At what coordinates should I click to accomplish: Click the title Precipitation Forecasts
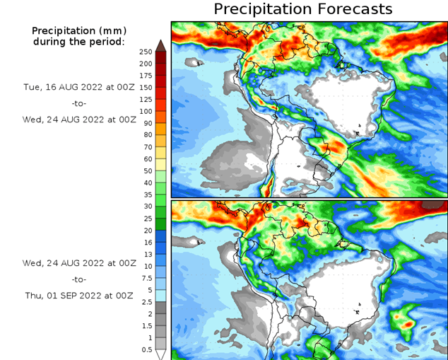pyautogui.click(x=302, y=9)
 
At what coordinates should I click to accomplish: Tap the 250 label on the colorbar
pyautogui.click(x=146, y=52)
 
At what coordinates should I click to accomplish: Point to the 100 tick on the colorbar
pyautogui.click(x=146, y=112)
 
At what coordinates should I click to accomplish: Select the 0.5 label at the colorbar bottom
pyautogui.click(x=146, y=349)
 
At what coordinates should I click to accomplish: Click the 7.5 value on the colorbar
pyautogui.click(x=146, y=278)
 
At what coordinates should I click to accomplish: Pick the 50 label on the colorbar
pyautogui.click(x=146, y=171)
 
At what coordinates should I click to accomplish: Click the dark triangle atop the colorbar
pyautogui.click(x=160, y=46)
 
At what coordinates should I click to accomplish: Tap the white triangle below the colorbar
pyautogui.click(x=160, y=354)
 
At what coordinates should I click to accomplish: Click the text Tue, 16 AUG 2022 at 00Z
pyautogui.click(x=79, y=86)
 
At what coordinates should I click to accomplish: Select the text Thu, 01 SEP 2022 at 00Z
pyautogui.click(x=79, y=296)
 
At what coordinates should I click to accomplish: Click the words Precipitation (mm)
pyautogui.click(x=78, y=31)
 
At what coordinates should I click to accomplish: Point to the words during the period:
pyautogui.click(x=78, y=42)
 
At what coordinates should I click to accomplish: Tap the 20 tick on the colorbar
pyautogui.click(x=146, y=231)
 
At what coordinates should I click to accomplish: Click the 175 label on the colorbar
pyautogui.click(x=146, y=76)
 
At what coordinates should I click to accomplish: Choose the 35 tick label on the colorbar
pyautogui.click(x=146, y=194)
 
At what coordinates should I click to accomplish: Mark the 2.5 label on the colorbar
pyautogui.click(x=146, y=302)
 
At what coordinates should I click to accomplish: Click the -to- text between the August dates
pyautogui.click(x=79, y=103)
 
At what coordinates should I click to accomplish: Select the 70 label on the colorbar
pyautogui.click(x=146, y=147)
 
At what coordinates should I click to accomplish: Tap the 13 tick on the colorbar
pyautogui.click(x=146, y=254)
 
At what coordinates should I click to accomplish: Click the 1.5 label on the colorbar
pyautogui.click(x=146, y=325)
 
